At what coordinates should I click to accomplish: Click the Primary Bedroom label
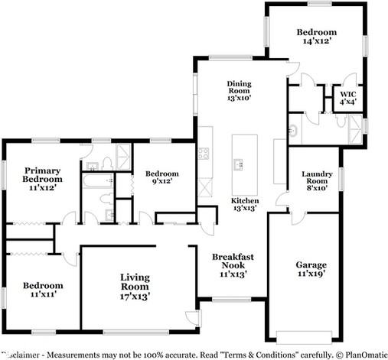(42, 178)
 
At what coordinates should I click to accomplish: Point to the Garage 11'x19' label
(311, 270)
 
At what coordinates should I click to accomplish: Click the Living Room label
(133, 286)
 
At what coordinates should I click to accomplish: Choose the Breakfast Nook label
(233, 264)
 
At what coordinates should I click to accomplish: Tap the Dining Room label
(239, 90)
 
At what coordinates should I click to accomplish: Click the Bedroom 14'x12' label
(316, 36)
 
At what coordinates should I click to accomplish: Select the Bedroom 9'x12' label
(162, 177)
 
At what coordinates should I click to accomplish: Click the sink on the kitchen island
(239, 164)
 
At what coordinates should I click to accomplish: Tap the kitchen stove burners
(204, 153)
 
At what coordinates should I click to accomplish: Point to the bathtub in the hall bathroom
(97, 182)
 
